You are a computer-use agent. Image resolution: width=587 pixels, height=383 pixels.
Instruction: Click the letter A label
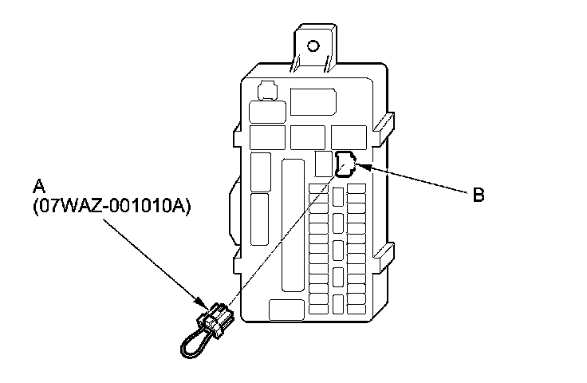point(37,187)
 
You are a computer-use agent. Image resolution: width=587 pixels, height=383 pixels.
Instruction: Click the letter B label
point(478,194)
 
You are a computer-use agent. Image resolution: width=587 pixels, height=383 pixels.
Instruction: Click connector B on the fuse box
point(346,163)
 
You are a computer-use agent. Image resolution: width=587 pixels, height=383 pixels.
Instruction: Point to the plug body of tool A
point(216,318)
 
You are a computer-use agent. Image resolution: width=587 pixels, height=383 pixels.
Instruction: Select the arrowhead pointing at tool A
point(203,304)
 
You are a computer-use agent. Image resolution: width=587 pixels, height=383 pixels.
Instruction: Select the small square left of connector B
point(323,164)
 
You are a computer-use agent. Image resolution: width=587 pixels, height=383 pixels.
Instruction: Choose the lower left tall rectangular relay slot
point(260,213)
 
